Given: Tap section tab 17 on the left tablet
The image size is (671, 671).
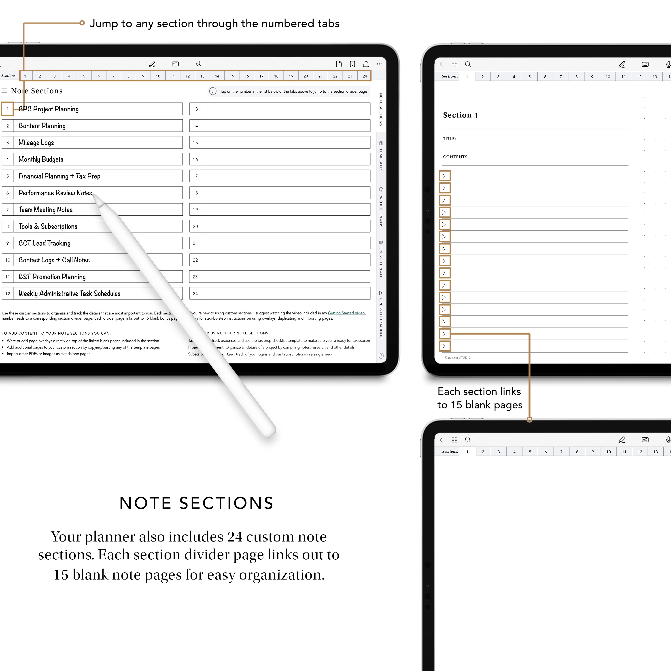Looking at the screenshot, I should coord(261,76).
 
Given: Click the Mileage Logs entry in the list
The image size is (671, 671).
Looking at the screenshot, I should coord(36,142).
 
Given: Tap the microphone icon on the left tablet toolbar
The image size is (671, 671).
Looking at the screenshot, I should coord(199,64).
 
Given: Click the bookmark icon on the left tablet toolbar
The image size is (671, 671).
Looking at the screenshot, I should coord(352,64).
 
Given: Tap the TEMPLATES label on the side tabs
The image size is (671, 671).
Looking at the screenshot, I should coord(381,159).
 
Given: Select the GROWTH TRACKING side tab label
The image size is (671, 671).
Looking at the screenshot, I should coord(381,318).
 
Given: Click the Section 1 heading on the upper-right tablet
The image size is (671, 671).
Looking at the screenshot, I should coord(460,115).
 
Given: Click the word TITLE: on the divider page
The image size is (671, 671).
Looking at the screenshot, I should coord(449,139).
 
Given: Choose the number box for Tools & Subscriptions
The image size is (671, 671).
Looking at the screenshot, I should coord(8,226).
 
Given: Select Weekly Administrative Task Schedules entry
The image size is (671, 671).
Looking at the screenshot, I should coord(70,293).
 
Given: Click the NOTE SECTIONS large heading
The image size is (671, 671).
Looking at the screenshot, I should coord(197,503).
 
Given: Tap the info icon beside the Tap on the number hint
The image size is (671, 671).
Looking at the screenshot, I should coord(212,91).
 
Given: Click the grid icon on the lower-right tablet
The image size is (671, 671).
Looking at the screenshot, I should coord(454,440).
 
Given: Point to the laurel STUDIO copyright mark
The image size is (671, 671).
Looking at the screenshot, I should coord(458,357).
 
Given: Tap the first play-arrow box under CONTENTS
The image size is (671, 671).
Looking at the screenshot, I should coord(444,176).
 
